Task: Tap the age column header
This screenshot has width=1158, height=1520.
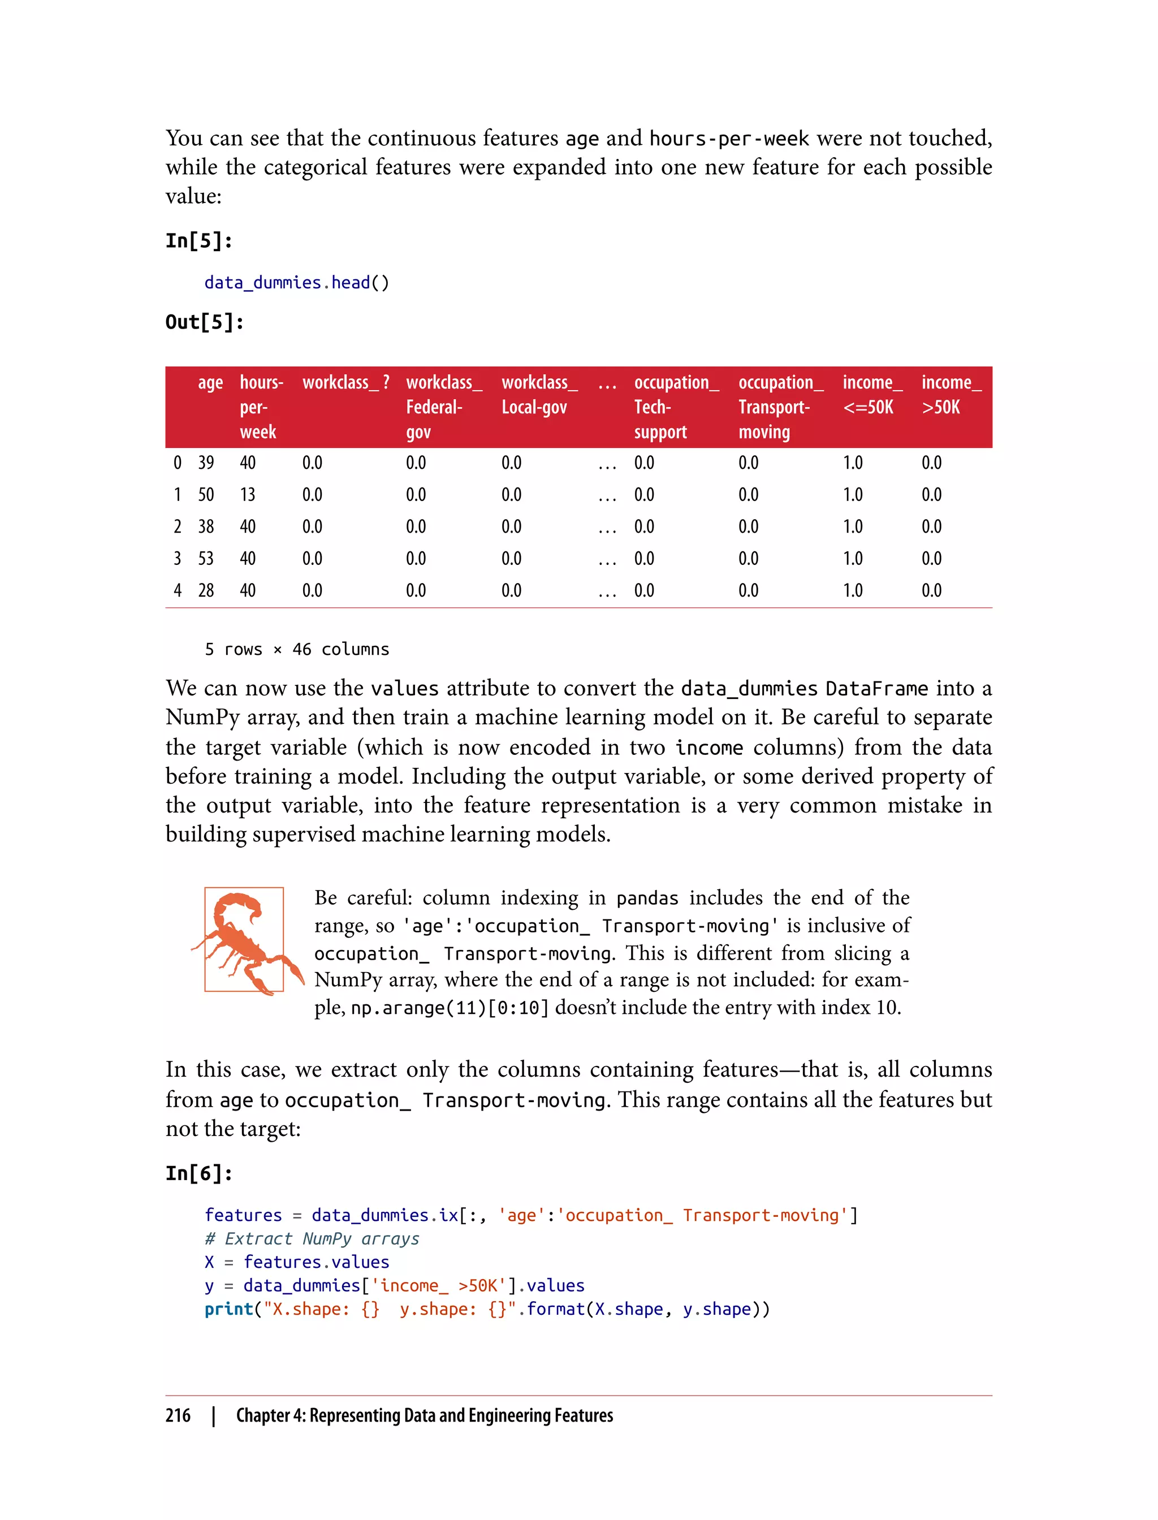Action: tap(210, 383)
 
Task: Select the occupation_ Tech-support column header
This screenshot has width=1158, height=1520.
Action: tap(676, 407)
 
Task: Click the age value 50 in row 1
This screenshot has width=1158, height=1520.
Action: tap(205, 494)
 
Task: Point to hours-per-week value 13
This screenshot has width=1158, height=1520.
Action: tap(248, 494)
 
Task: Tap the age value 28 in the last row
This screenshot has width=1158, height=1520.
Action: tap(205, 590)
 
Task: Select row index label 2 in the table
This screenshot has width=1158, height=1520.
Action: tap(177, 526)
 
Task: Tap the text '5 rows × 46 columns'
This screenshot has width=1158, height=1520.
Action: tap(296, 649)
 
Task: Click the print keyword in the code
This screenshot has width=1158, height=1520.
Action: tap(228, 1309)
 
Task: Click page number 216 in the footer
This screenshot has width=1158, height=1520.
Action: tap(178, 1415)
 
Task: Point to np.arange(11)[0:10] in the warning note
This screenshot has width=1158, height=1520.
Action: tap(450, 1008)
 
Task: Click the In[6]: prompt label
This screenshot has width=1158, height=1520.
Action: tap(198, 1173)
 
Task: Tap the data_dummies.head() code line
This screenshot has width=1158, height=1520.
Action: tap(296, 283)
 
